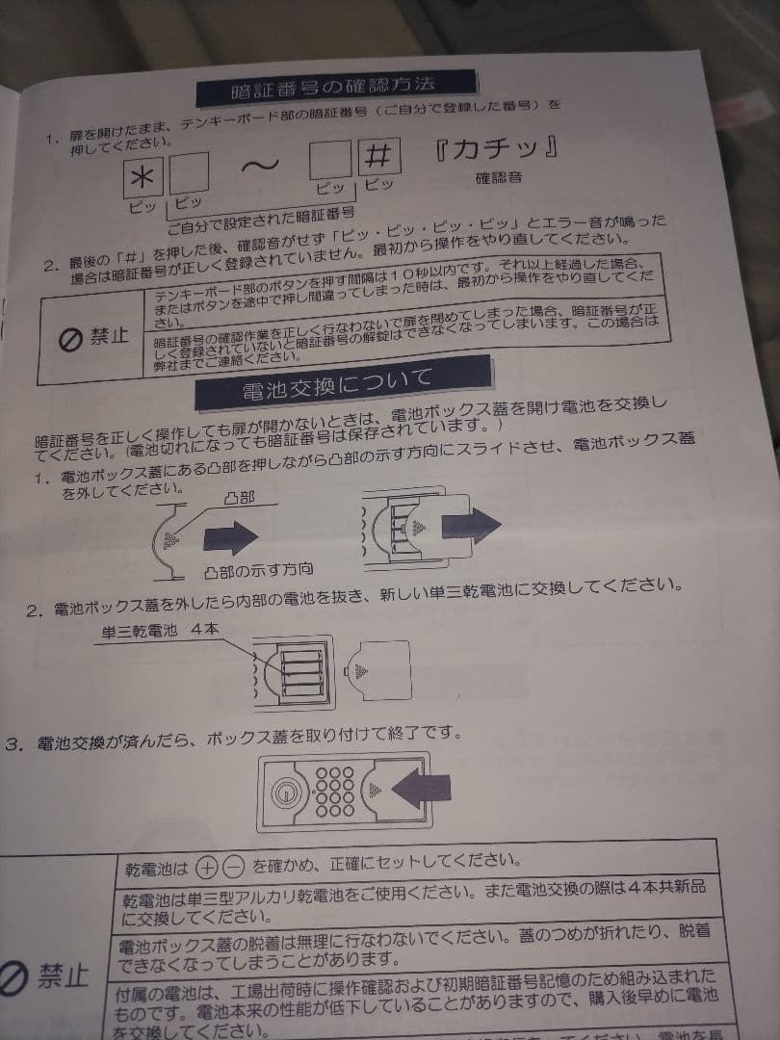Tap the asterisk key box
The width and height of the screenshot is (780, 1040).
point(144,177)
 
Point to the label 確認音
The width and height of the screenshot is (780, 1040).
point(497,178)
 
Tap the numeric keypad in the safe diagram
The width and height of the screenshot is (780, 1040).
point(337,792)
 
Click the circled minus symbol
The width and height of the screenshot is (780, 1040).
point(234,866)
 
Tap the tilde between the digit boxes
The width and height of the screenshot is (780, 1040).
point(259,166)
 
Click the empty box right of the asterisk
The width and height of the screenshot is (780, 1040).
point(189,175)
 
